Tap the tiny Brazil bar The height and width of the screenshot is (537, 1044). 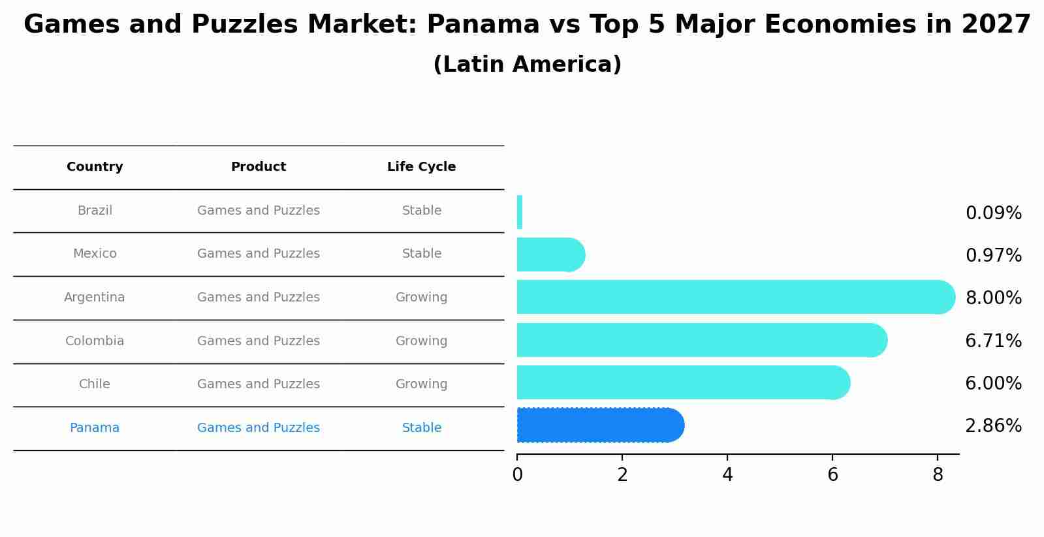click(x=520, y=212)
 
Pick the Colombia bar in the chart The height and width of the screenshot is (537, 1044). click(x=699, y=340)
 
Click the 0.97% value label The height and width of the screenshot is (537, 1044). click(x=993, y=256)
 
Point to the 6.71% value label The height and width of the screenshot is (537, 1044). click(x=993, y=341)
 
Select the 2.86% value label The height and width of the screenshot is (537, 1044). click(x=993, y=426)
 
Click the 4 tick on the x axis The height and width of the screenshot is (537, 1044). click(x=727, y=475)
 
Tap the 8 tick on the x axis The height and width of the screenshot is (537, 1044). click(x=938, y=475)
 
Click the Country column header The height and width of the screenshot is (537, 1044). click(x=95, y=167)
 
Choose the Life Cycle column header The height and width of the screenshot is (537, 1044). click(x=421, y=167)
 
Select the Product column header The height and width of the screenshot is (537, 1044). click(x=259, y=167)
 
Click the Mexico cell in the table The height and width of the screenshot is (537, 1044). click(x=95, y=254)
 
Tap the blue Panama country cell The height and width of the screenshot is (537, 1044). click(x=95, y=428)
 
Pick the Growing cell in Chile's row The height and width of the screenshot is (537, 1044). click(x=421, y=384)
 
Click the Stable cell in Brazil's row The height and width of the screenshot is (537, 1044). click(x=421, y=211)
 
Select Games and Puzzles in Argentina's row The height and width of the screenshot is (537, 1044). click(x=259, y=298)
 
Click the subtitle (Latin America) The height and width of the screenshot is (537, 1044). click(x=527, y=65)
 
